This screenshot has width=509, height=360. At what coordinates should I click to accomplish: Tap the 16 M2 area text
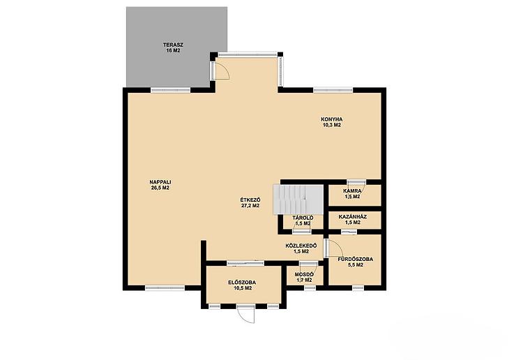pos(173,51)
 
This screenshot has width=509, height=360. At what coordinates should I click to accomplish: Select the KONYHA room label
pos(332,119)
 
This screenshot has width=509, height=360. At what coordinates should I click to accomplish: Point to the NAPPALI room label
pos(160,182)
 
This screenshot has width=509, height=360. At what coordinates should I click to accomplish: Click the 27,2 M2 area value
pos(250,205)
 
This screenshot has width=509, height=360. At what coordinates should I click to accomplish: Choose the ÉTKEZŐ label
pos(250,200)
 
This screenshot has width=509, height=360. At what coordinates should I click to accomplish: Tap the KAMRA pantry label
pos(352,190)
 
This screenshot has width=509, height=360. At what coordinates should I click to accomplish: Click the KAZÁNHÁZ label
pos(353,216)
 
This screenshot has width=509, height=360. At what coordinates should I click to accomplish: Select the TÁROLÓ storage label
pos(303,218)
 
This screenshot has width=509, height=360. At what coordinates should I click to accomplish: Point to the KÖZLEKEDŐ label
pos(301,246)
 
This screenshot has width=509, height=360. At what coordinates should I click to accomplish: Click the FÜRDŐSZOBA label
pos(355,259)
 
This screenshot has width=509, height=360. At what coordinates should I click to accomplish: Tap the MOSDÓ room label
pos(304,274)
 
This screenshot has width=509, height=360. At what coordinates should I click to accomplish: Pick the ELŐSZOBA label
pos(242,282)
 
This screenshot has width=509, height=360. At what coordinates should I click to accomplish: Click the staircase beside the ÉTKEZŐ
pos(298,200)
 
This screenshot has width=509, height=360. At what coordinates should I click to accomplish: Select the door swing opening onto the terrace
pos(222,70)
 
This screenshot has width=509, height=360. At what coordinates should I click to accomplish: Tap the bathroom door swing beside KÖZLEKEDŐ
pos(335,248)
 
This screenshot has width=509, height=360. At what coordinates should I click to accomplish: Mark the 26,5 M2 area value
pos(160,188)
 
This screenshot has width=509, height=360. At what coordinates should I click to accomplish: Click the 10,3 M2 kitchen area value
pos(332,125)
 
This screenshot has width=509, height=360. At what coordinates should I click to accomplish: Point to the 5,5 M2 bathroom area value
pos(355,265)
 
